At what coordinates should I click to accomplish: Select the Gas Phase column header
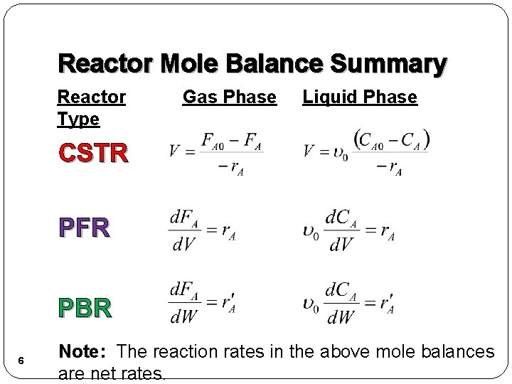[229, 97]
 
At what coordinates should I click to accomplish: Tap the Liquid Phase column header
[360, 97]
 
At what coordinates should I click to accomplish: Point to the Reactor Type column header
[91, 107]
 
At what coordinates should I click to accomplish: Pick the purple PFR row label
[84, 228]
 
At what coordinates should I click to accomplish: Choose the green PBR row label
[85, 308]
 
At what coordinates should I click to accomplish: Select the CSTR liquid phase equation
[366, 151]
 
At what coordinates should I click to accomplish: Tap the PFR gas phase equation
[203, 228]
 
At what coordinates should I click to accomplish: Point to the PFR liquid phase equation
[348, 228]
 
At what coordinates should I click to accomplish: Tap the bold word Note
[83, 351]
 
